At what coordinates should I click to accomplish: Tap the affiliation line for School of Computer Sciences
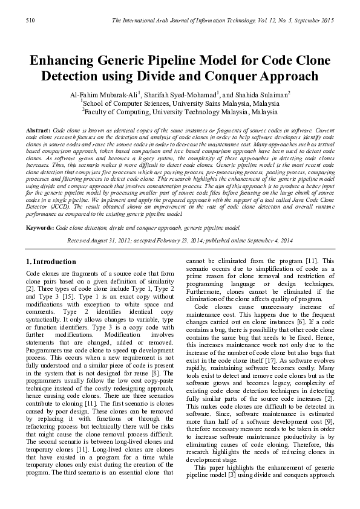pos(180,103)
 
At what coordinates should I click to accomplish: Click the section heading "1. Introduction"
pos(52,262)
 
